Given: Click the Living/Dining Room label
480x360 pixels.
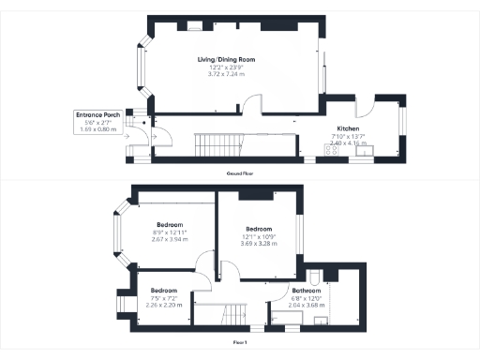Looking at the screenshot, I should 226,59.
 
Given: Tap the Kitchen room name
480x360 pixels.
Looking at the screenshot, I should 348,129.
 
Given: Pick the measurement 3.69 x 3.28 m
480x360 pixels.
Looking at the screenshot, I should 259,245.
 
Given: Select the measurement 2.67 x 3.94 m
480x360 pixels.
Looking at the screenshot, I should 171,238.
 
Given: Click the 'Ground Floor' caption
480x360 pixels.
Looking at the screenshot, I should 240,174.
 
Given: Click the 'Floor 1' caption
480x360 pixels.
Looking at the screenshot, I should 240,343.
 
